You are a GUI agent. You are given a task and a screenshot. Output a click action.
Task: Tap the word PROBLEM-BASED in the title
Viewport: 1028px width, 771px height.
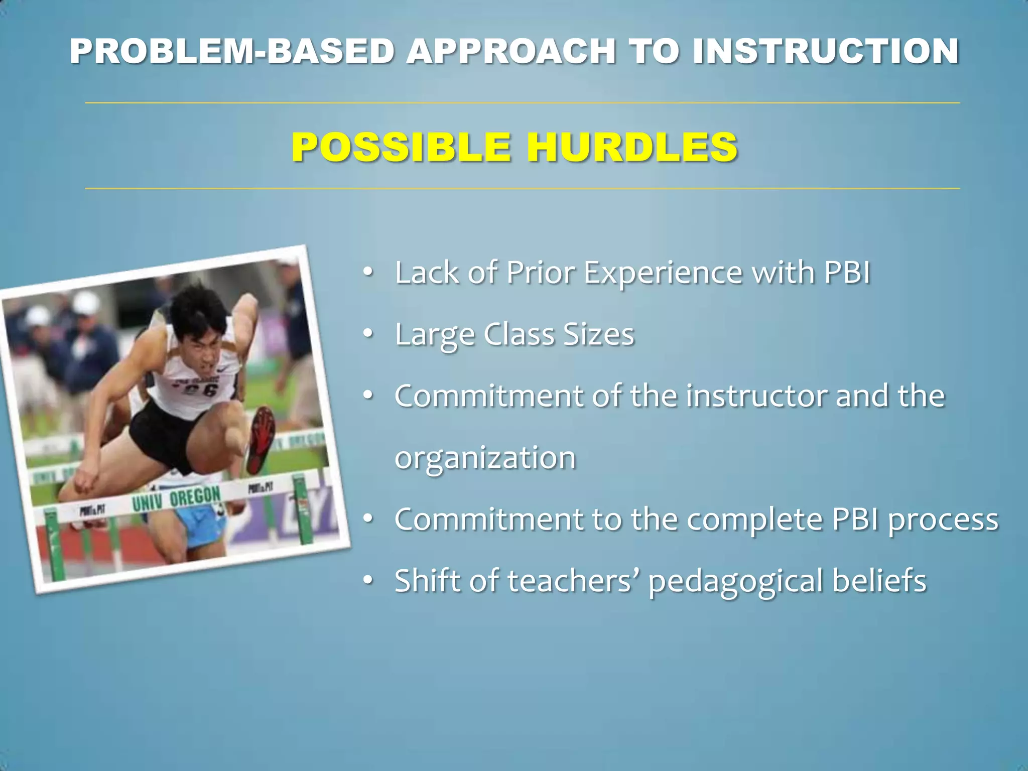231,51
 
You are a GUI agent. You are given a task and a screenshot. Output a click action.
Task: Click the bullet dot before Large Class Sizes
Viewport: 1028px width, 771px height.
368,334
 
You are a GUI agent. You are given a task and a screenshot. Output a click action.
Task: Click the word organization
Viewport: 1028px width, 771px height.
485,458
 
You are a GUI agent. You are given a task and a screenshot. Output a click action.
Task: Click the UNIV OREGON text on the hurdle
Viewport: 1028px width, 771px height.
176,498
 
